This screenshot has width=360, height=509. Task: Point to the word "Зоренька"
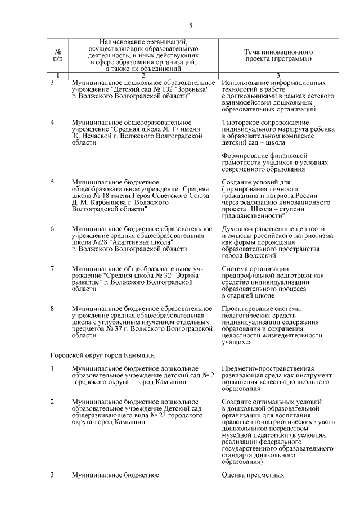[191, 90]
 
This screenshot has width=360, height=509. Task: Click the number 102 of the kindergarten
[162, 90]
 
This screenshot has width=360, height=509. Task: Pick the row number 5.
[53, 183]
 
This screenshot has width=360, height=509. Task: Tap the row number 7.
[53, 268]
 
